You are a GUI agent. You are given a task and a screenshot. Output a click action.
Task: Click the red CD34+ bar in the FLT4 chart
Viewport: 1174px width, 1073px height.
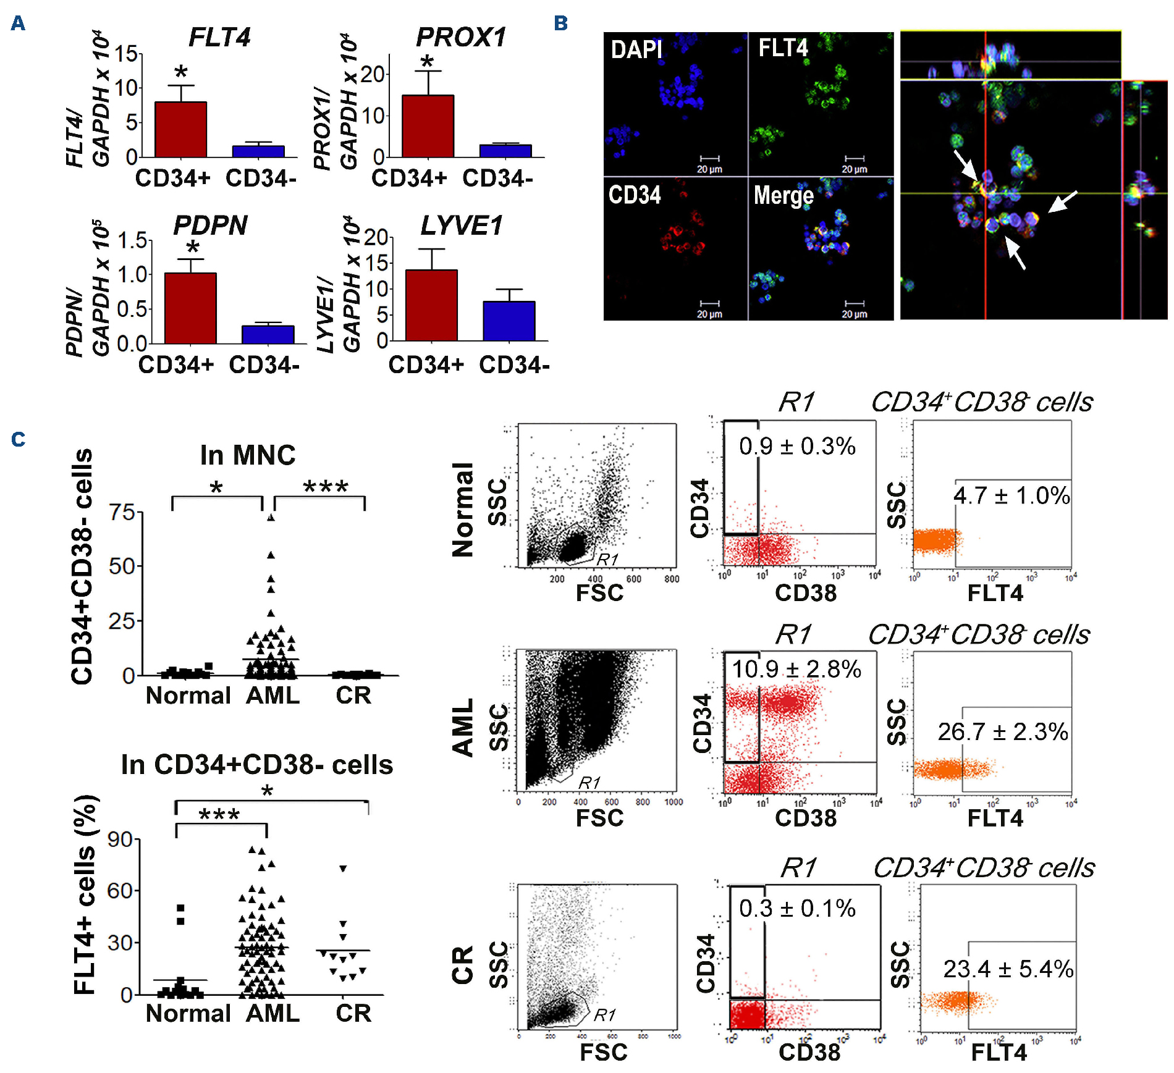coord(180,130)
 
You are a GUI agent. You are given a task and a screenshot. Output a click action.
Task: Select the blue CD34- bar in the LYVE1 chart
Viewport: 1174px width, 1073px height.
coord(509,321)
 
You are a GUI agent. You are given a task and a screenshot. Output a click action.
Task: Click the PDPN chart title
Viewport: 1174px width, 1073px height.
coord(210,225)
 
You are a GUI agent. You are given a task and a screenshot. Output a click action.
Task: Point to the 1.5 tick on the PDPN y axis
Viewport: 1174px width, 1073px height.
coord(132,240)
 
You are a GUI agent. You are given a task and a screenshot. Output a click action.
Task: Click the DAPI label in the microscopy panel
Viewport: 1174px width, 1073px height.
coord(636,49)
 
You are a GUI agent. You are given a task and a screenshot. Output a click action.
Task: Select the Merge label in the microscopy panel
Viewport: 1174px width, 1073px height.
coord(783,195)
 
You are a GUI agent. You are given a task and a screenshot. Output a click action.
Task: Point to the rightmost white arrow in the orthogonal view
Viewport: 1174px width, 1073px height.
coord(1063,201)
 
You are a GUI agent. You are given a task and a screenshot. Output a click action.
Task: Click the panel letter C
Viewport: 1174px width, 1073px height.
coord(19,439)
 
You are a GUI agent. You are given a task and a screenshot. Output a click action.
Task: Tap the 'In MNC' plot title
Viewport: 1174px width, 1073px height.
coord(247,455)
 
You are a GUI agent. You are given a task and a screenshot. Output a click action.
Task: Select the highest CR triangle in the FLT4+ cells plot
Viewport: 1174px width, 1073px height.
coord(343,869)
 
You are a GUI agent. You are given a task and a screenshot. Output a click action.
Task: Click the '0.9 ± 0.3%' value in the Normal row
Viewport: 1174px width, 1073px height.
coord(797,446)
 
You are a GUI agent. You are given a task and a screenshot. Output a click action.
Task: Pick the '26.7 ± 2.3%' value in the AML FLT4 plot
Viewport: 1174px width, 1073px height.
coord(1002,732)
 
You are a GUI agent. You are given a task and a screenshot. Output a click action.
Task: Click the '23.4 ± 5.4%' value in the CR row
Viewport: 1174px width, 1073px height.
coord(1008,969)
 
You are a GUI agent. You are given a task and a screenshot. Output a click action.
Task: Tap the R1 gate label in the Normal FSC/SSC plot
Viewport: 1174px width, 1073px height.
coord(607,559)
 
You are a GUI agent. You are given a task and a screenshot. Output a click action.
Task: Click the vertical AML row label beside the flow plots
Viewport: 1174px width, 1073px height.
coord(463,727)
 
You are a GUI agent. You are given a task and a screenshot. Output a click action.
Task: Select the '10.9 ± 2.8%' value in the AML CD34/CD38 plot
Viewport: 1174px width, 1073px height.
coord(796,669)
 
